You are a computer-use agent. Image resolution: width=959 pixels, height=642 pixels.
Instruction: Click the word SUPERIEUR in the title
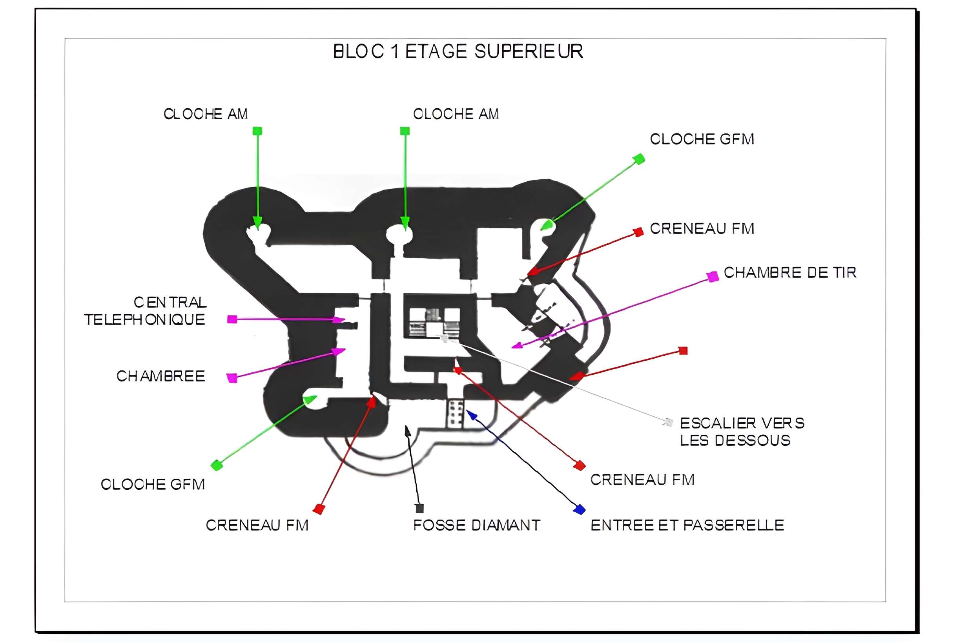point(529,51)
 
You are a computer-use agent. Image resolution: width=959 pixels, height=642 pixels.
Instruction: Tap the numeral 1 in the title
point(395,51)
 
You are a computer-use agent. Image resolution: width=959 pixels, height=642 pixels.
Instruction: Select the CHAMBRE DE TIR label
point(789,273)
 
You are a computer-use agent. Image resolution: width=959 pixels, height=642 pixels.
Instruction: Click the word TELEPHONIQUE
point(144,320)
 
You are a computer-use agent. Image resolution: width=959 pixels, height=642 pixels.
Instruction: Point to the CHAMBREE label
point(160,376)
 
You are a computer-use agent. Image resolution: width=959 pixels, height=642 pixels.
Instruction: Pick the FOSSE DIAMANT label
point(476,525)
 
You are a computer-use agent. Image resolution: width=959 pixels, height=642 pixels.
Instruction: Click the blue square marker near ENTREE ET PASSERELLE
point(579,509)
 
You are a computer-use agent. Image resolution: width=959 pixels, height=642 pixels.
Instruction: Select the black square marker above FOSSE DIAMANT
point(419,509)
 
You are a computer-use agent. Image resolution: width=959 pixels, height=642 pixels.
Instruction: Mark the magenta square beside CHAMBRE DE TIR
point(713,277)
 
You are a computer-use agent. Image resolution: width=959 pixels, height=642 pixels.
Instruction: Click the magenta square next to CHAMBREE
point(232,378)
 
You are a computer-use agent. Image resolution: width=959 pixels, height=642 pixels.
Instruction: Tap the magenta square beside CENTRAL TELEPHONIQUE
point(232,319)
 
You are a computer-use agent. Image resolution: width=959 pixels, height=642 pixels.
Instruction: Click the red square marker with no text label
point(683,350)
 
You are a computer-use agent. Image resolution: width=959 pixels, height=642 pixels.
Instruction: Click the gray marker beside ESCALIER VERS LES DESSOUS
point(668,422)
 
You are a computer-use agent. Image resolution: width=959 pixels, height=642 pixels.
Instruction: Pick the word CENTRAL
point(170,302)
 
